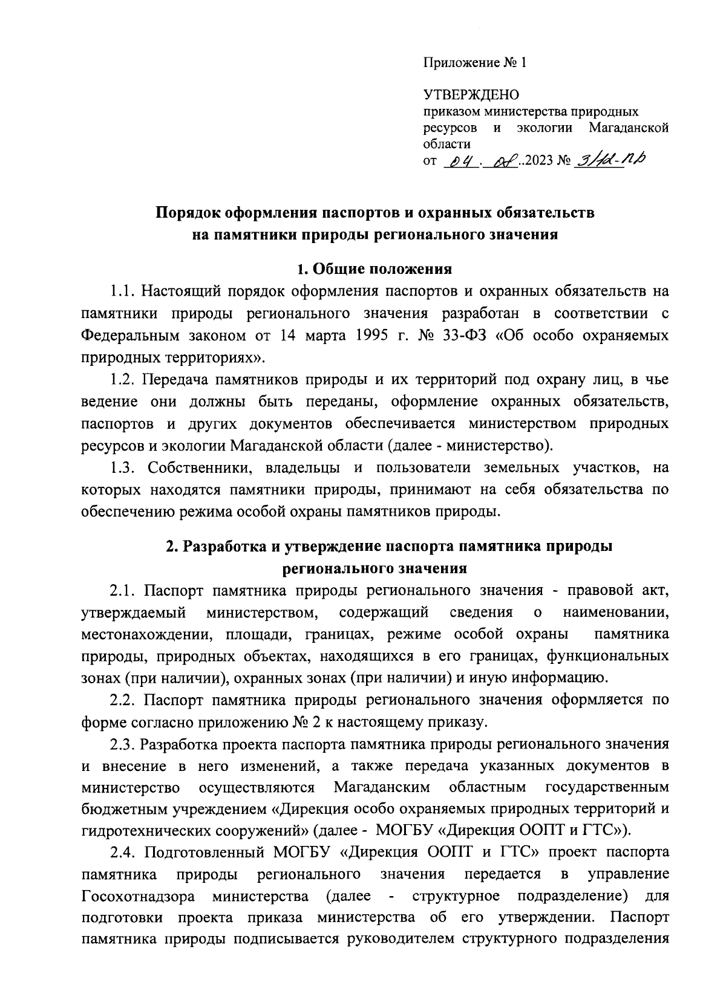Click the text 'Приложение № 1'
pyautogui.click(x=475, y=63)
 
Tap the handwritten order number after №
pyautogui.click(x=612, y=160)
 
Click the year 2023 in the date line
pyautogui.click(x=540, y=161)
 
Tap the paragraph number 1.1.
pyautogui.click(x=123, y=291)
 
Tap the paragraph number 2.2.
pyautogui.click(x=123, y=700)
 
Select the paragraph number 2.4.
pyautogui.click(x=123, y=852)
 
